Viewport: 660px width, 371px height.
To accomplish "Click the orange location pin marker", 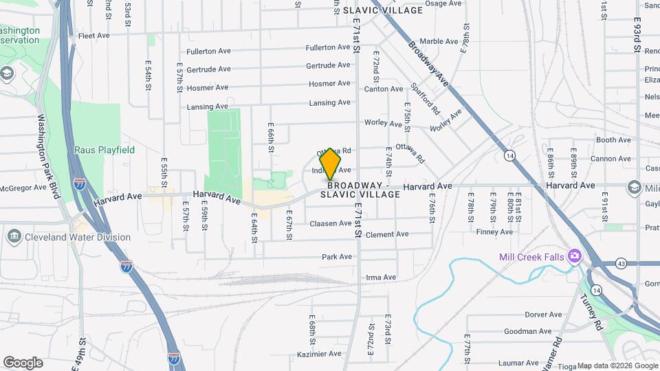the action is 331,164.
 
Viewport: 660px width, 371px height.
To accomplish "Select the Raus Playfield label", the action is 104,150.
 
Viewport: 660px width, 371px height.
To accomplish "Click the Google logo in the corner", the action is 23,363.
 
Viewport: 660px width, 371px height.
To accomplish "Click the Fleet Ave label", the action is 94,36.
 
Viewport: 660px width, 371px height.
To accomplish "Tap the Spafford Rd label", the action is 424,99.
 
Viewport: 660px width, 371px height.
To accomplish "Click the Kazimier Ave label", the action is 320,354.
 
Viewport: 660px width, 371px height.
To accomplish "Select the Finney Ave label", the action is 494,232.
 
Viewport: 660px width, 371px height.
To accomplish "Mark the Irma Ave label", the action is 381,278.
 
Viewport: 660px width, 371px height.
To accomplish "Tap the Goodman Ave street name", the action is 528,331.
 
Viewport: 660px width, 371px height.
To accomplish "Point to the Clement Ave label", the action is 387,234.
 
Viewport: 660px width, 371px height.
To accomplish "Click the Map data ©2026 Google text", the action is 617,366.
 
